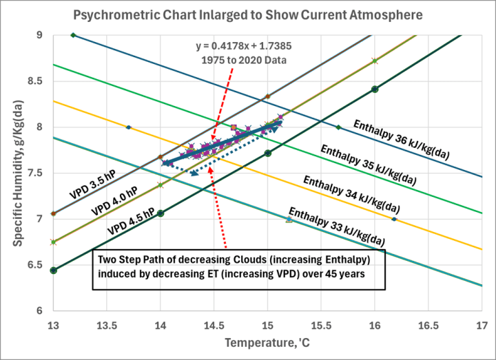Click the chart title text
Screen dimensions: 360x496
tap(247, 13)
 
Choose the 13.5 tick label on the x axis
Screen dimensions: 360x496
tap(107, 321)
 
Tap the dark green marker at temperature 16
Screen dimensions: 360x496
tap(375, 89)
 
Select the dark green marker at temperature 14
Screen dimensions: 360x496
tap(161, 213)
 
